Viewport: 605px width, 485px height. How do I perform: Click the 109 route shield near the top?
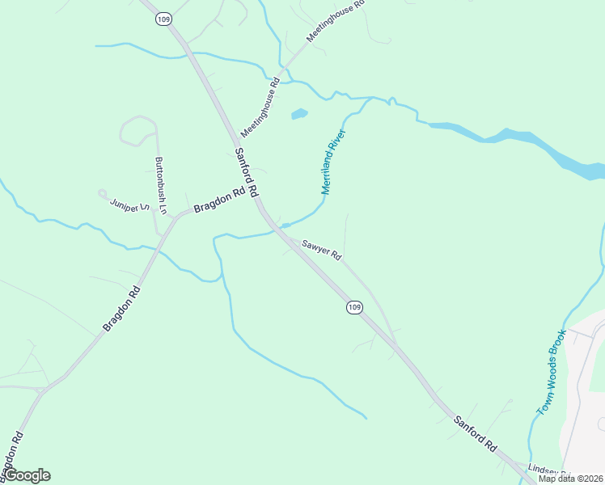point(164,19)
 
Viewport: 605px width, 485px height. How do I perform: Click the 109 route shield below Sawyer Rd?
point(353,307)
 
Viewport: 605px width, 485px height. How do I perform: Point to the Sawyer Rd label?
point(323,250)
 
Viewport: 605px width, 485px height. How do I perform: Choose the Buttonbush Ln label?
point(160,185)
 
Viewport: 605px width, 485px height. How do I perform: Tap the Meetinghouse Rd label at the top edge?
point(336,21)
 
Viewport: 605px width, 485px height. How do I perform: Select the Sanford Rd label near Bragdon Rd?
point(246,172)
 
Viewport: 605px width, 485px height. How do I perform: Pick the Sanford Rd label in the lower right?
point(475,432)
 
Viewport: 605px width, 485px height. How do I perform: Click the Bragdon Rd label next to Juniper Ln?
point(218,201)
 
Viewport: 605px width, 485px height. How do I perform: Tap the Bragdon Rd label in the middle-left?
point(122,307)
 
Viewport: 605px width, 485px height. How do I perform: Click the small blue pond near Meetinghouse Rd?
point(299,114)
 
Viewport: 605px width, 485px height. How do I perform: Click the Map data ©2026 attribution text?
point(570,479)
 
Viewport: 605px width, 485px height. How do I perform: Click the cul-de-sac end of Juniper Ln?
point(103,193)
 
